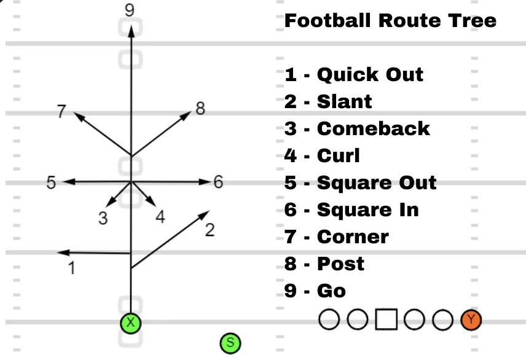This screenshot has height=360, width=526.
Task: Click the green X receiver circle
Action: pos(130,323)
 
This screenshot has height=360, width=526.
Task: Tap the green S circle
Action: pos(230,343)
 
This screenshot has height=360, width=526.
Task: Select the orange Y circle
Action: pos(471,319)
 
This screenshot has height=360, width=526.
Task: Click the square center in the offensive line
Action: pos(386,319)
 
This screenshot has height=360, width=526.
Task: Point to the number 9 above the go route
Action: pos(129,10)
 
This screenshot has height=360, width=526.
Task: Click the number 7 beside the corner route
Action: pos(61,112)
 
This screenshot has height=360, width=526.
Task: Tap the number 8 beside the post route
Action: pos(200,109)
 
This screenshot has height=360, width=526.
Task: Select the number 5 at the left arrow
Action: pos(52,182)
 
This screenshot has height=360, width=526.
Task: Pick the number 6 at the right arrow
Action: pos(218,182)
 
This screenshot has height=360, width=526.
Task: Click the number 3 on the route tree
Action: pos(103,218)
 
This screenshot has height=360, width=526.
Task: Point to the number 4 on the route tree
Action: pos(160,217)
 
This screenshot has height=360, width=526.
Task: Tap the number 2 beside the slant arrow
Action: pos(210,230)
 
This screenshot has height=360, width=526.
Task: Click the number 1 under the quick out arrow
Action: pos(72,268)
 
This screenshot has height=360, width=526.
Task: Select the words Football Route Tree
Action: pos(390,21)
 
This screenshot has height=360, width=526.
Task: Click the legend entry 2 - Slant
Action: pos(328,101)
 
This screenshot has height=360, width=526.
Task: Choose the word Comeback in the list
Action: pos(373,128)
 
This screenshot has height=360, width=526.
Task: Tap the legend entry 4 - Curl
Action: pos(322,155)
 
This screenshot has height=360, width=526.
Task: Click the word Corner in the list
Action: pos(353,237)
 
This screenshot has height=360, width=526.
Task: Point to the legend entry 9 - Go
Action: pos(315,291)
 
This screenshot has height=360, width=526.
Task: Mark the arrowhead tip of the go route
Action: pos(130,25)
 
